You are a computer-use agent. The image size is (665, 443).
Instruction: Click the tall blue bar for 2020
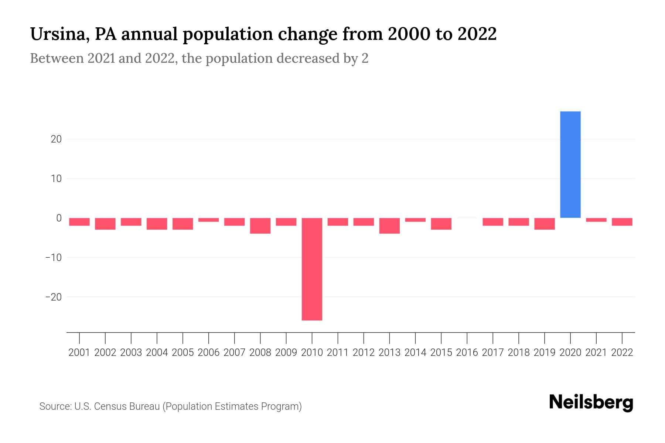570,164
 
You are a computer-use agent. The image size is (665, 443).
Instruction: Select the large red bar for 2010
312,269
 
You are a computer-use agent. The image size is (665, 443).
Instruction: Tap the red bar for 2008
260,226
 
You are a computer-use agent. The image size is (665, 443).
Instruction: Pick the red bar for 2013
389,226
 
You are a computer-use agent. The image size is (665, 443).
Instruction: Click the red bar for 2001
79,221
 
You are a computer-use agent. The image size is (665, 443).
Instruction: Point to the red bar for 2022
622,221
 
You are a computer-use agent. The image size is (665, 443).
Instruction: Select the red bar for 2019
544,224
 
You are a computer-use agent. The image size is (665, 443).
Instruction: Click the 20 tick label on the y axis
56,139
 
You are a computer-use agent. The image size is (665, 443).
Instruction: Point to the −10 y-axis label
53,257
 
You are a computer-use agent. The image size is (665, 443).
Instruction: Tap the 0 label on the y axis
59,218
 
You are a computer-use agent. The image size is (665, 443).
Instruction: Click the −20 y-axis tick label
53,297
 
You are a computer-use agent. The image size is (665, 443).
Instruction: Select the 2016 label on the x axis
467,353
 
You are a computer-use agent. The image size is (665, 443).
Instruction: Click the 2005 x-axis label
183,353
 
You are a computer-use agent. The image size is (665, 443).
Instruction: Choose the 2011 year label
338,353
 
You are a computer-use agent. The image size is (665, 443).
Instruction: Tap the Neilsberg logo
591,403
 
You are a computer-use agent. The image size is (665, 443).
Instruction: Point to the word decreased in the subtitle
308,58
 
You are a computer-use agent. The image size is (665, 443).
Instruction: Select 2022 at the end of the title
477,34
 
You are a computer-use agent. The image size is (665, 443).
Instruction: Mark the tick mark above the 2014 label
415,337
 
